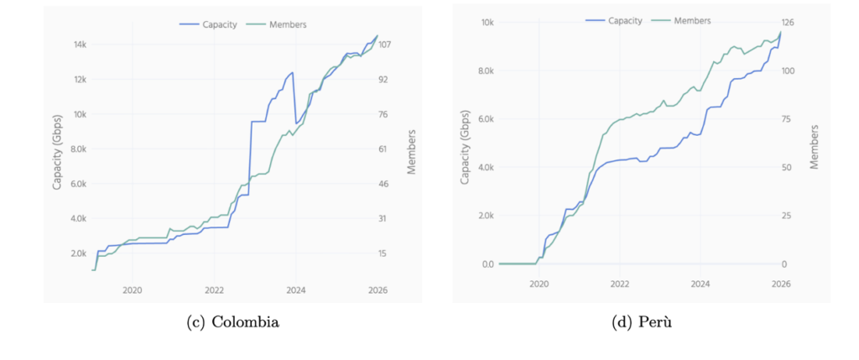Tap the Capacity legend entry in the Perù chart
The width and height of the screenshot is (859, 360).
[x=622, y=20]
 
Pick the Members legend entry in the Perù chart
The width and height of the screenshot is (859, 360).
[x=691, y=20]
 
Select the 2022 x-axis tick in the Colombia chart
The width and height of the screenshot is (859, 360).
[x=214, y=290]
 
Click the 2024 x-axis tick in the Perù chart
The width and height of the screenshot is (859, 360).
[x=700, y=284]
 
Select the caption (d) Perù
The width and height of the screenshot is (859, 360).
[x=642, y=322]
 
